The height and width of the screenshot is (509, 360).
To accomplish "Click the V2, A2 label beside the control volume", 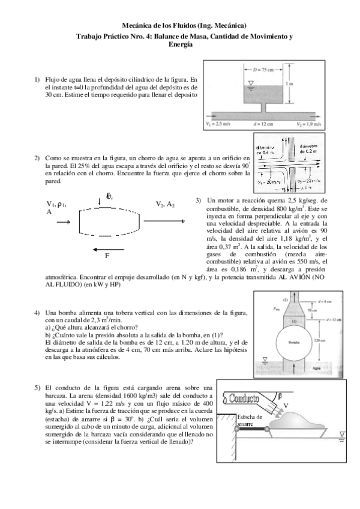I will tap(165, 204).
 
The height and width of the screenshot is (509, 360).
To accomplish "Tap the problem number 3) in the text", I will tap(198, 200).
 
